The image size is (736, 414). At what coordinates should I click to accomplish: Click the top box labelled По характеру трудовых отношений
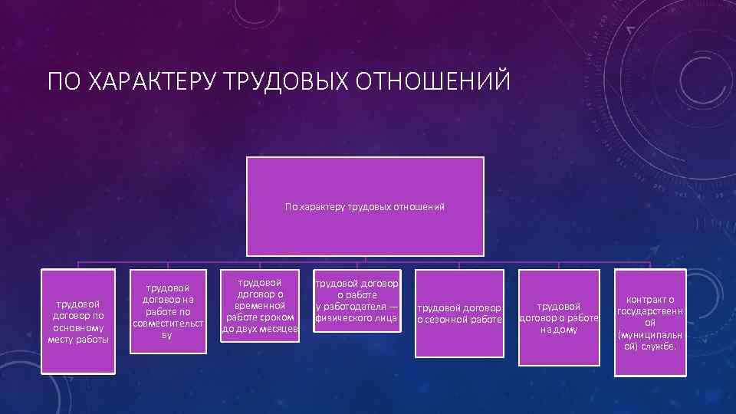[365, 206]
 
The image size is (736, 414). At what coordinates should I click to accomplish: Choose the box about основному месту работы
[78, 321]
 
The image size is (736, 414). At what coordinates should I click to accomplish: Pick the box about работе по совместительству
[168, 311]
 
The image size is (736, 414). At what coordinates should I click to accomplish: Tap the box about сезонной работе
[459, 313]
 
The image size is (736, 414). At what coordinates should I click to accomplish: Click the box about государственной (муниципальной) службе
[650, 323]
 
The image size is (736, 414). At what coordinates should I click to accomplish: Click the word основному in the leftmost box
[78, 327]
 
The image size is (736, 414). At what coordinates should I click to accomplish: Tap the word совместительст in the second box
[168, 324]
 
